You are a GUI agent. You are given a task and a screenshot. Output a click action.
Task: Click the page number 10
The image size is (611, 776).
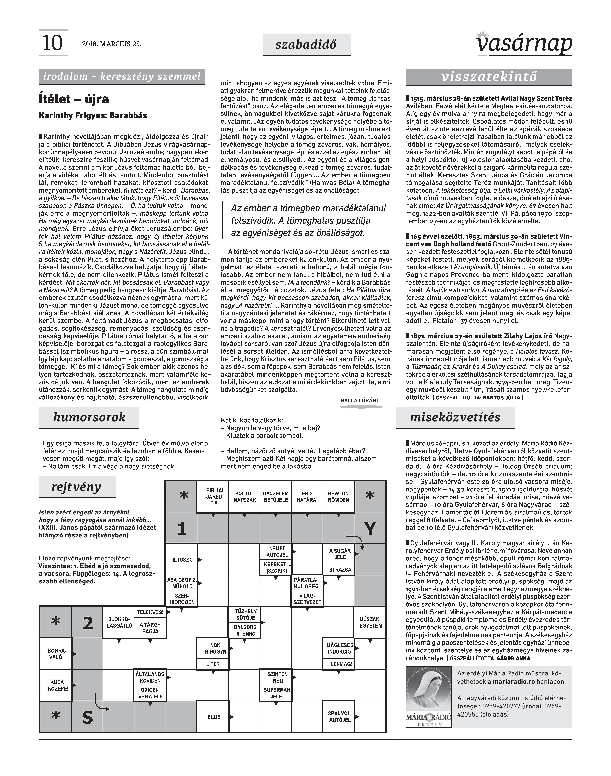coord(53,43)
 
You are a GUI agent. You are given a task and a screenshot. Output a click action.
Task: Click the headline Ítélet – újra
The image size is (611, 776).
coord(74,99)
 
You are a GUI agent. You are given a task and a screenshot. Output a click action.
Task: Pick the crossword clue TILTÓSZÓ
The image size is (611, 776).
coord(181,559)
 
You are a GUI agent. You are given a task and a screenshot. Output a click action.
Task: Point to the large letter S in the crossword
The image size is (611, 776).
coord(87,718)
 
